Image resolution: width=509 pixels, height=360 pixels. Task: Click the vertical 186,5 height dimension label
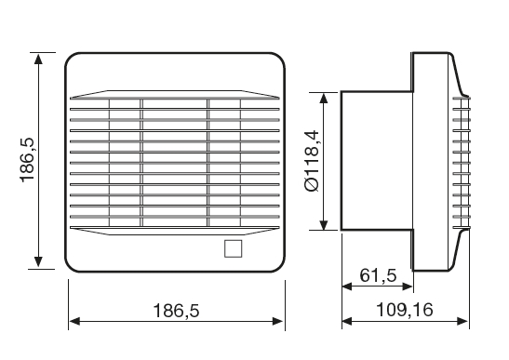(27, 160)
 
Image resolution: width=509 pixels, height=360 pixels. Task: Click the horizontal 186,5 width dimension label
(176, 311)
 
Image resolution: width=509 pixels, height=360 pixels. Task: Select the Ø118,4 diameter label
(313, 161)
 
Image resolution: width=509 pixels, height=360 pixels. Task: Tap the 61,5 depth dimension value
(378, 275)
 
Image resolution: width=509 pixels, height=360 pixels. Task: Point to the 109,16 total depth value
(405, 310)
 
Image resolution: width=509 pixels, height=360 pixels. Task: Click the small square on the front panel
(233, 248)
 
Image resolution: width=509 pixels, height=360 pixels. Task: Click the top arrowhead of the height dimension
(38, 60)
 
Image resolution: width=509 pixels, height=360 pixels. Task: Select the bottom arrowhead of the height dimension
(38, 261)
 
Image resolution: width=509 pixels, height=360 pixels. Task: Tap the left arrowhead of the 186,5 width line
(74, 321)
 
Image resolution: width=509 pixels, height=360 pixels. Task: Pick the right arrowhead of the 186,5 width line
(278, 321)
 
